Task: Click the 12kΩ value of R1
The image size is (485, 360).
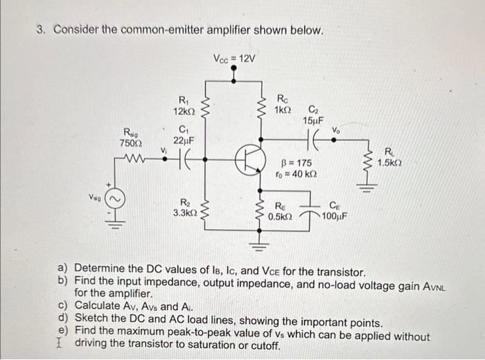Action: [185, 111]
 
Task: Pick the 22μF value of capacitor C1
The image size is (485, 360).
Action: [184, 140]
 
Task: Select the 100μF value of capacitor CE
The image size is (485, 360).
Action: [335, 215]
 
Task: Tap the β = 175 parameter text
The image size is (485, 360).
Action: [294, 163]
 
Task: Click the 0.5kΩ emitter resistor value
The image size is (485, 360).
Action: [281, 216]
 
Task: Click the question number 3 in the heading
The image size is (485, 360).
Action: [41, 31]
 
